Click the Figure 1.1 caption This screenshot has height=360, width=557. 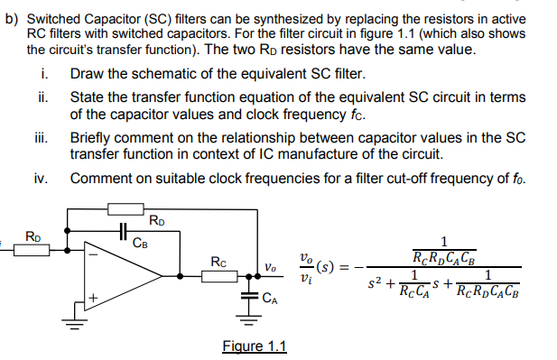click(x=254, y=346)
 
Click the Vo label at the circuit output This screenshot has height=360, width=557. click(x=271, y=267)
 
